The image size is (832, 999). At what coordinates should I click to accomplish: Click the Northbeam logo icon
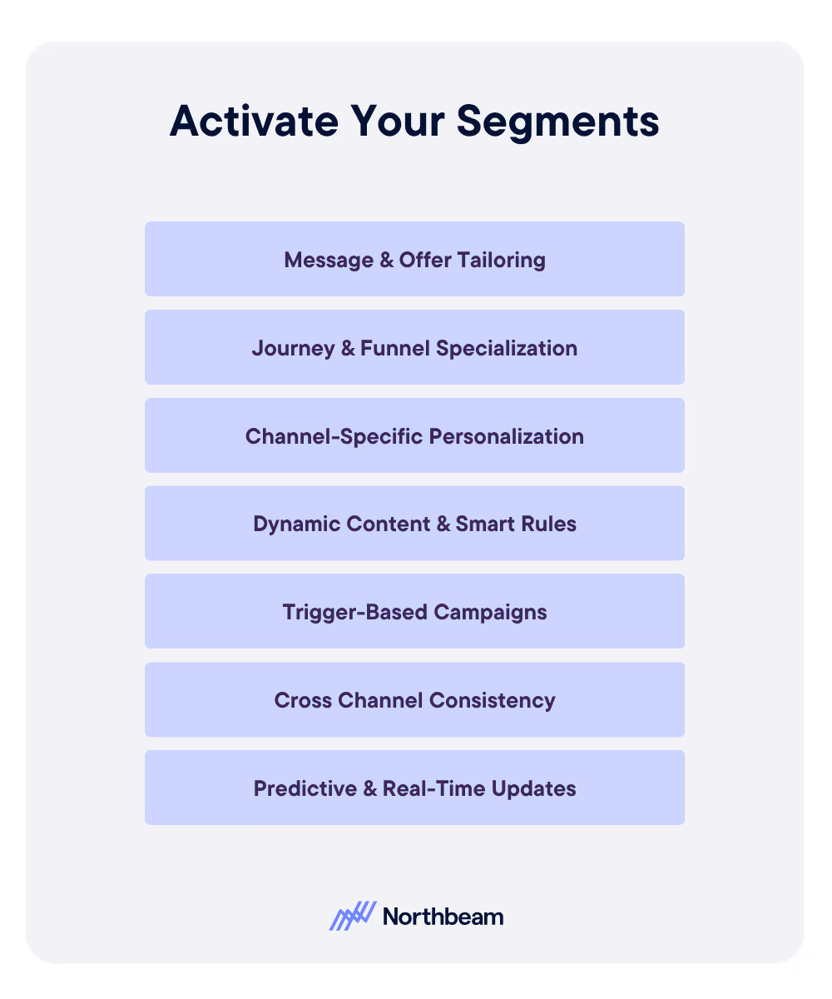[x=352, y=917]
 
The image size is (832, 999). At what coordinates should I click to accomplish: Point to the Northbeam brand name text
[x=443, y=917]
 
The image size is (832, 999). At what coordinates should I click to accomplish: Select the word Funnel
[x=395, y=348]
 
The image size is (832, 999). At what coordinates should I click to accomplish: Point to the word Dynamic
[x=290, y=524]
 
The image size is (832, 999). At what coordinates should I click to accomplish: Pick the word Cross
[x=303, y=700]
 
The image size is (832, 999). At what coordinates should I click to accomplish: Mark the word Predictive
[x=300, y=788]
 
